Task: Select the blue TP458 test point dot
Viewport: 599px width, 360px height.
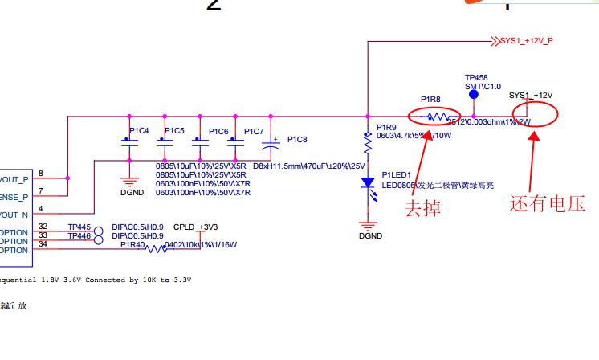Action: click(474, 95)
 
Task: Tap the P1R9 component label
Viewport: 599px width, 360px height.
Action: click(386, 128)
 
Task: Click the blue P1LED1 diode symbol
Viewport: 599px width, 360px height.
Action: click(368, 182)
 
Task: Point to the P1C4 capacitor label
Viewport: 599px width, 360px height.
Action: click(139, 130)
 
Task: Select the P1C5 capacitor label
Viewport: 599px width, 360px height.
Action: click(174, 130)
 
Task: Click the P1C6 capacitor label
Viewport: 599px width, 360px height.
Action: click(218, 131)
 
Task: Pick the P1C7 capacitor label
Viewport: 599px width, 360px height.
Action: click(254, 131)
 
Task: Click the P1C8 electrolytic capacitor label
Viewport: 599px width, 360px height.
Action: click(297, 140)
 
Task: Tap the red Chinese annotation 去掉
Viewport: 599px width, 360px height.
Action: click(422, 208)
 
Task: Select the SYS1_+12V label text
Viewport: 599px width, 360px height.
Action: click(531, 95)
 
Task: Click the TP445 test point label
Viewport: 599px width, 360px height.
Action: click(79, 227)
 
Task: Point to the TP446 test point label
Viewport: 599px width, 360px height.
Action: click(79, 236)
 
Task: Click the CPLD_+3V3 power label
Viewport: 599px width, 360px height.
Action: click(196, 227)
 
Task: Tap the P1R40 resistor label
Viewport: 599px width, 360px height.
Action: click(132, 244)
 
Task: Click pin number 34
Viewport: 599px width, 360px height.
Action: click(43, 243)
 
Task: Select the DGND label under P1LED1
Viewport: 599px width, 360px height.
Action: click(370, 236)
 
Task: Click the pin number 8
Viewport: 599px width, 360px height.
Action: click(41, 174)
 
